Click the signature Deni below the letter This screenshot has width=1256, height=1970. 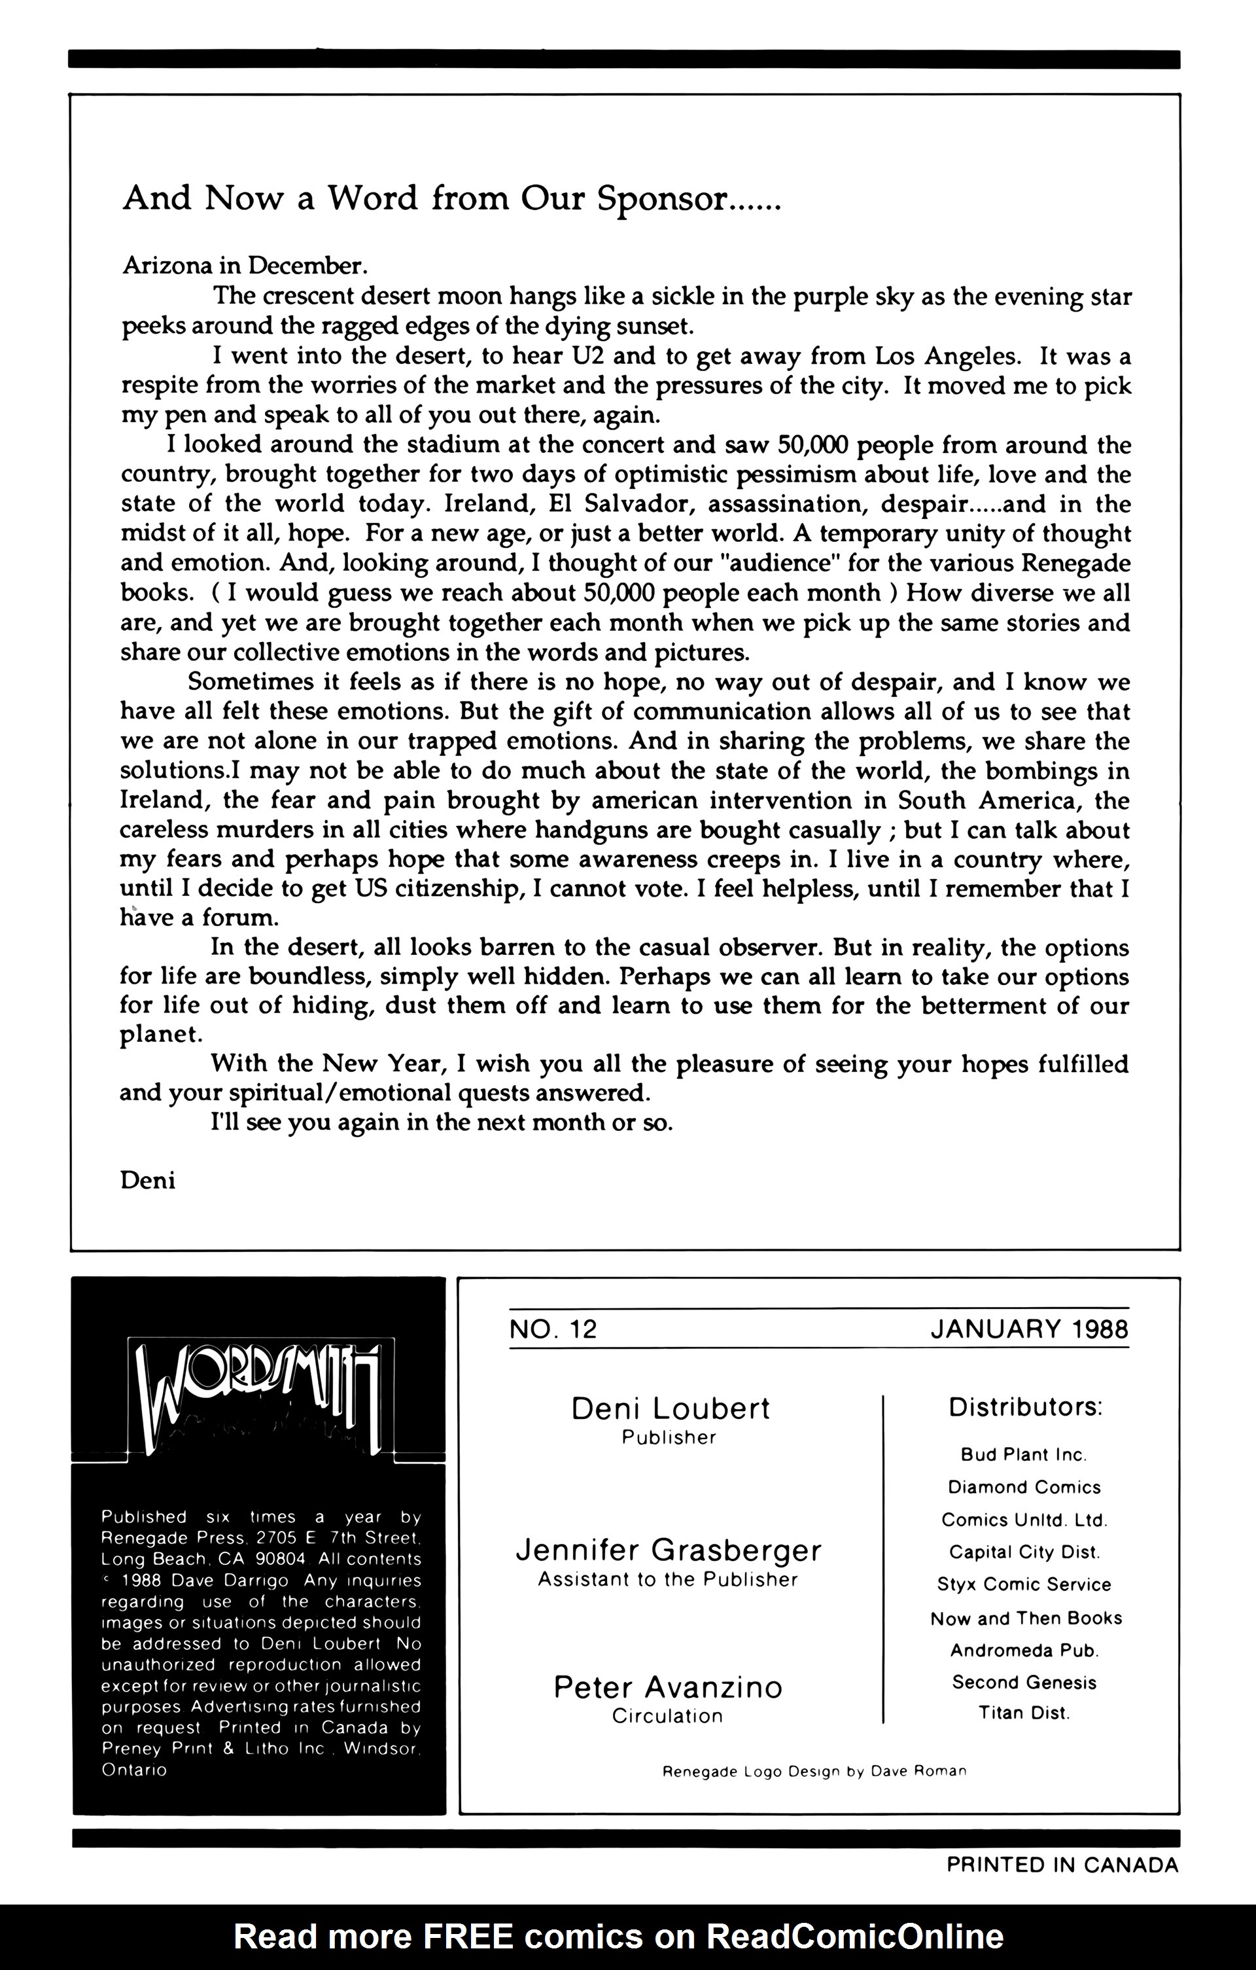click(147, 1181)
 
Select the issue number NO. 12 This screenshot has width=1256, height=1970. click(553, 1329)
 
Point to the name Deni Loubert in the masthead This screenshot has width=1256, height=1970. click(670, 1408)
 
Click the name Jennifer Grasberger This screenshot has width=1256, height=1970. click(668, 1550)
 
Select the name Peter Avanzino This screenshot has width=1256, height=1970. click(668, 1687)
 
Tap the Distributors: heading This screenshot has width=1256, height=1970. click(1026, 1407)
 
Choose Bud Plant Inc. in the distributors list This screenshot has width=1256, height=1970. click(1024, 1454)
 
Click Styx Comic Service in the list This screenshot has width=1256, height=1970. click(1024, 1585)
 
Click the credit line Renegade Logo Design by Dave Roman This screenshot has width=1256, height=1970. click(814, 1771)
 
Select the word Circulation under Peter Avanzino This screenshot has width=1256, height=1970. click(667, 1716)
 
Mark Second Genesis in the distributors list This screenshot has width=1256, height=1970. click(1024, 1682)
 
